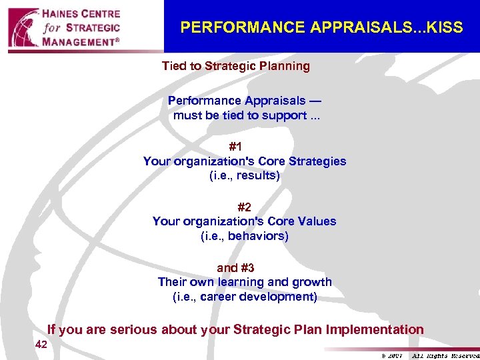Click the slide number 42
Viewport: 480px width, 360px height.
[x=41, y=345]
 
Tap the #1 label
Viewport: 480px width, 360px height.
[x=235, y=147]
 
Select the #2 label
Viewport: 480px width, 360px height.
[x=244, y=207]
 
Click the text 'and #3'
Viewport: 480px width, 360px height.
[x=235, y=268]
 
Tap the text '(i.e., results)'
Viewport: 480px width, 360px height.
[x=244, y=176]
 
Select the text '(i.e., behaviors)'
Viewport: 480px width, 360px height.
[x=244, y=236]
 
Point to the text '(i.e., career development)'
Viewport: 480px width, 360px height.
[x=244, y=297]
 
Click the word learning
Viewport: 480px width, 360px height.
[x=246, y=282]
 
